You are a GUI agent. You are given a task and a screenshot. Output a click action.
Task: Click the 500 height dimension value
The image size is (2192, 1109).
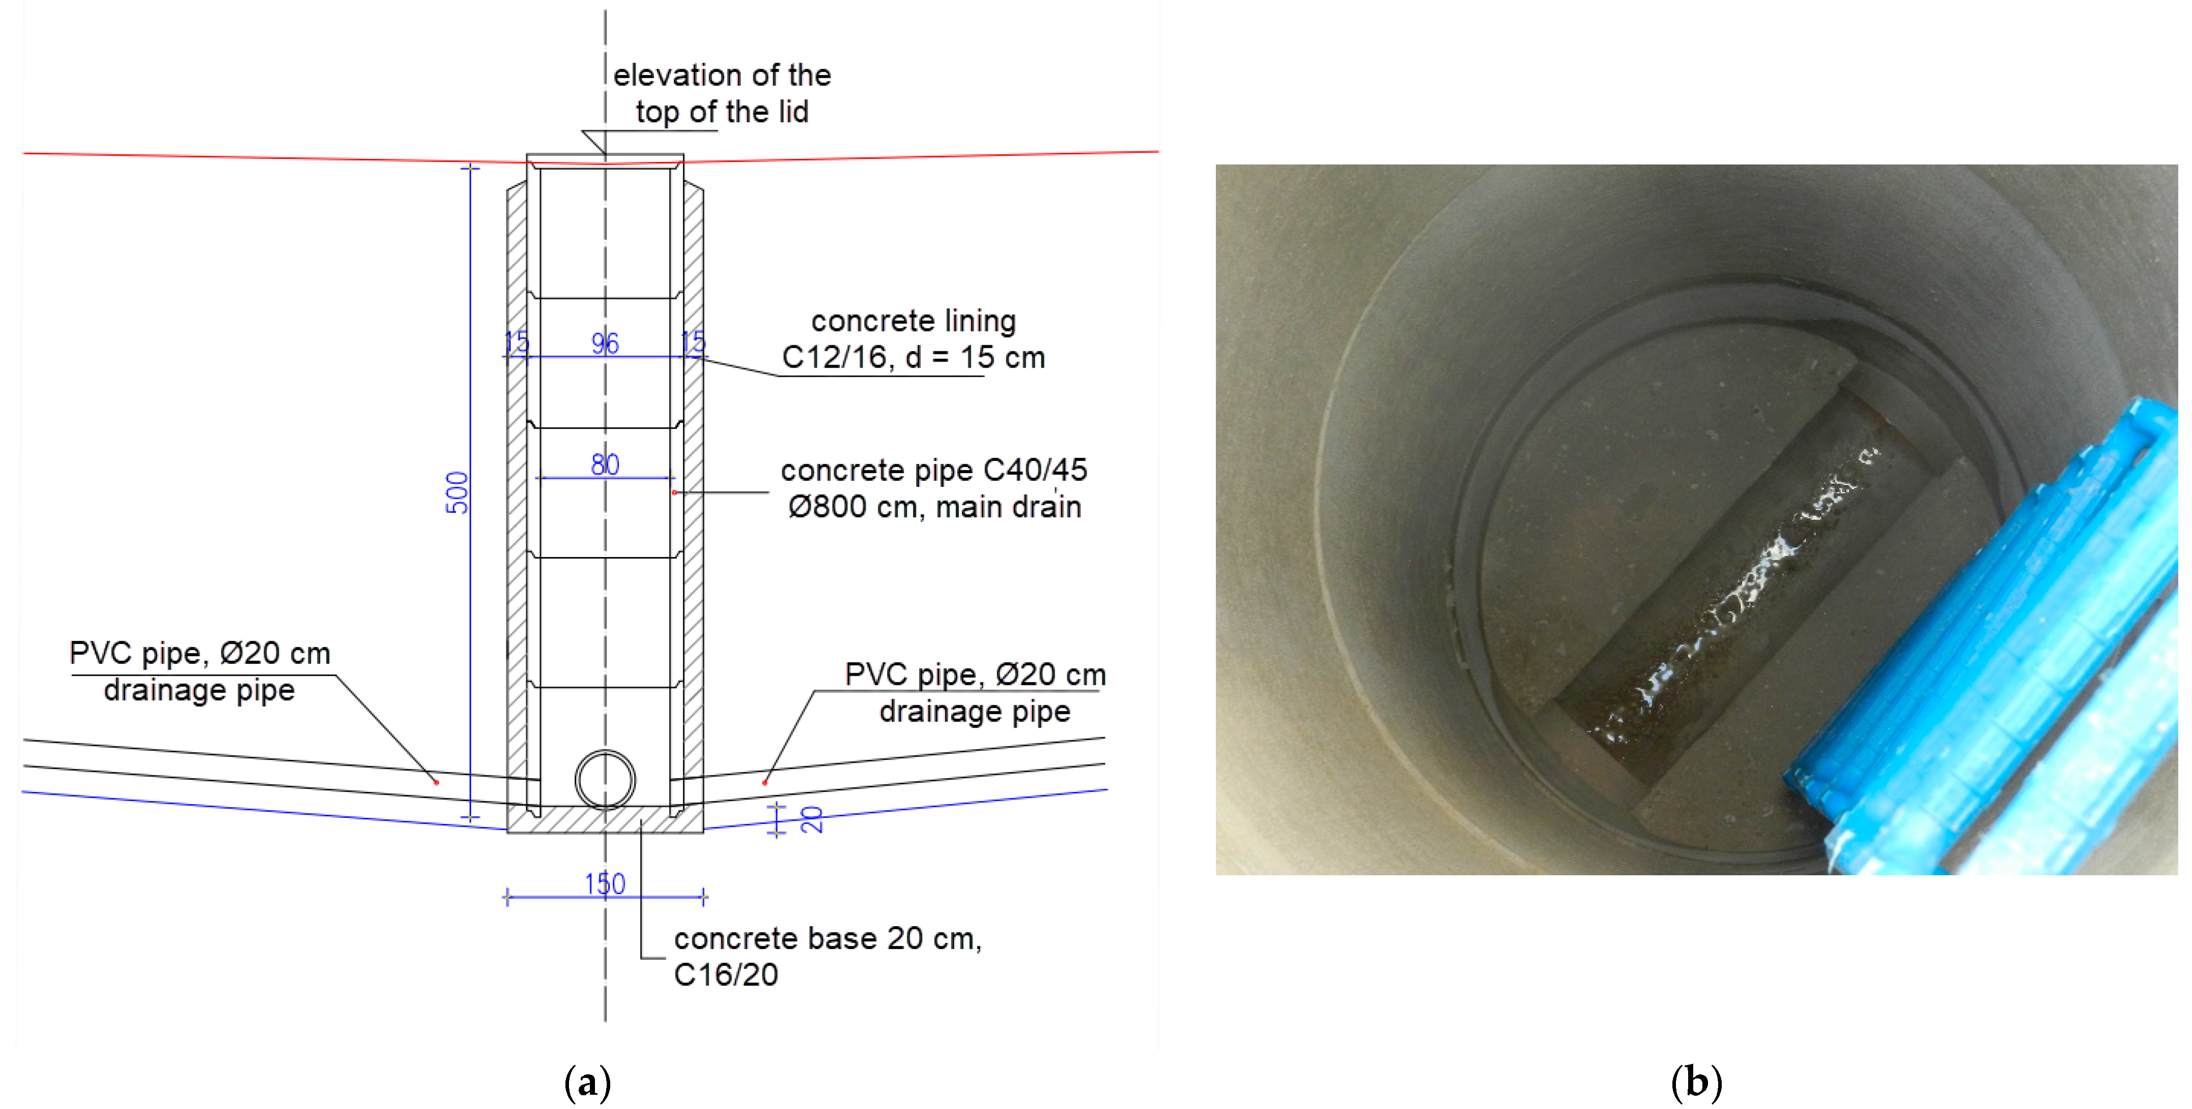click(457, 493)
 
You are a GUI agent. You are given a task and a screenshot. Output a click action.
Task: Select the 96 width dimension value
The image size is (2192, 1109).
click(605, 343)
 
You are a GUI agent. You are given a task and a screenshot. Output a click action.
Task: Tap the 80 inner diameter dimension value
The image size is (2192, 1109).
click(605, 465)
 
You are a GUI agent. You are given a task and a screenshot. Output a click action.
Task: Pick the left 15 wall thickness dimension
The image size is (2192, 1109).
click(517, 343)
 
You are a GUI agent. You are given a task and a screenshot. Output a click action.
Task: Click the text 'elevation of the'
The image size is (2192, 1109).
click(722, 76)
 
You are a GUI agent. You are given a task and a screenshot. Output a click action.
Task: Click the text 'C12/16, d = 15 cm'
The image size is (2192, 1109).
click(913, 357)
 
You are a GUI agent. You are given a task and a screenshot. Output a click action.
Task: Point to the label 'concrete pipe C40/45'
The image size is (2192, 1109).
click(933, 470)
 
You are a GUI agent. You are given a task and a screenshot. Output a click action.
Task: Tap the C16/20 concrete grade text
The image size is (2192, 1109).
click(726, 975)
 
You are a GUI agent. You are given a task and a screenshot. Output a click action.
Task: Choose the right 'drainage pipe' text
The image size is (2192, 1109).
click(974, 711)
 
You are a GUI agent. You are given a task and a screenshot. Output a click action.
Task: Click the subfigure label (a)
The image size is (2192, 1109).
click(587, 1083)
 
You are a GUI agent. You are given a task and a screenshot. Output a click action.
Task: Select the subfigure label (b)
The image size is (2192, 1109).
click(1696, 1083)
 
